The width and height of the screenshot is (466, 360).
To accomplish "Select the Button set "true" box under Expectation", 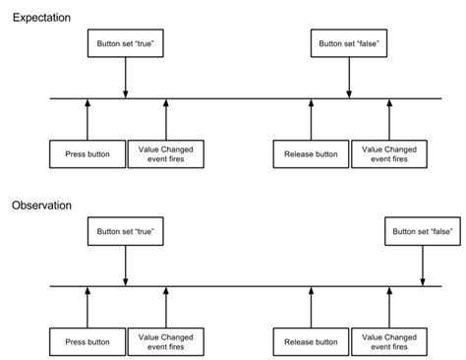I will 125,44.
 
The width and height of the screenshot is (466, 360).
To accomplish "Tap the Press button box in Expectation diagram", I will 87,153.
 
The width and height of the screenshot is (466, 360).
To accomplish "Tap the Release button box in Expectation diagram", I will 311,153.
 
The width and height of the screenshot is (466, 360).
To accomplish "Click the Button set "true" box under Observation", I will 125,232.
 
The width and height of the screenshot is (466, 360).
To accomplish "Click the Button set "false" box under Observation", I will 423,232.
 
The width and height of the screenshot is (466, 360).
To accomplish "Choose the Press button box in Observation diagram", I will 87,342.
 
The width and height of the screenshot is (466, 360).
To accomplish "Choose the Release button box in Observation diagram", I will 311,342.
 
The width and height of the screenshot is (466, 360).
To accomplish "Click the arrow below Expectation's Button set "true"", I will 125,78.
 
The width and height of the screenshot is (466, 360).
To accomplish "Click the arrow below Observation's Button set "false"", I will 423,266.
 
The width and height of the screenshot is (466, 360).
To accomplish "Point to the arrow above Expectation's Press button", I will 87,119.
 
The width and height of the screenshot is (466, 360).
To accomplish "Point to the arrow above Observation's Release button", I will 311,308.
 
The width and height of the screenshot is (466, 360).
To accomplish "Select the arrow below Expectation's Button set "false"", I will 349,78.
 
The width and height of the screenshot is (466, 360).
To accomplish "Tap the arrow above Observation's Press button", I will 87,308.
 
